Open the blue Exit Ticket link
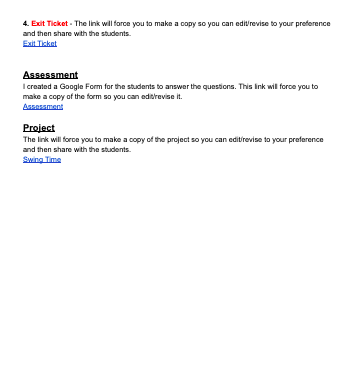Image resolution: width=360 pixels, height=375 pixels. [39, 44]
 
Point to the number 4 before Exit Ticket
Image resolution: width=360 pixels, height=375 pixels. [25, 22]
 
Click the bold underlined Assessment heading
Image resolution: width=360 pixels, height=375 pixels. [50, 75]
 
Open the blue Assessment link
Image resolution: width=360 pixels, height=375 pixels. [42, 106]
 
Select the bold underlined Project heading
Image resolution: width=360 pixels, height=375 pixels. [38, 128]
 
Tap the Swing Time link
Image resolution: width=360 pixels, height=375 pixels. [41, 160]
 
